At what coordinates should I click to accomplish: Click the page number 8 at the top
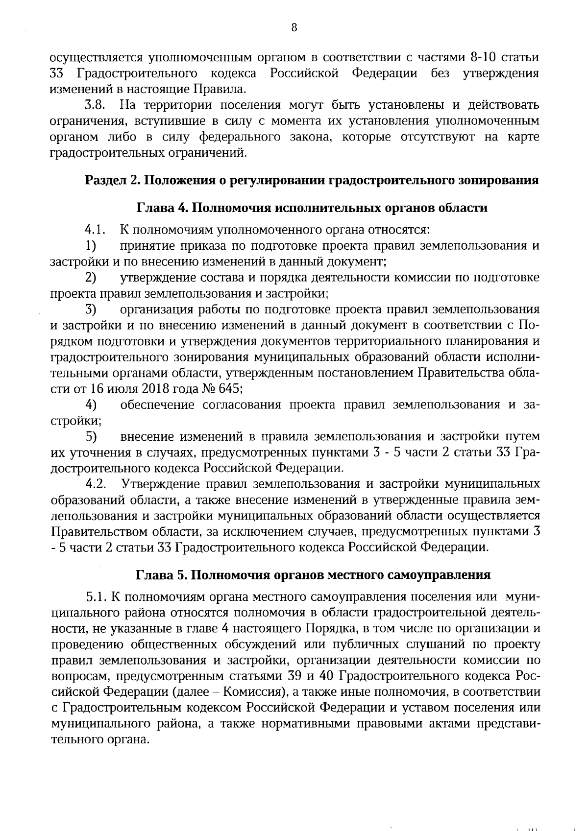[x=294, y=27]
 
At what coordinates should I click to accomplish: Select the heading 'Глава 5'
[x=156, y=574]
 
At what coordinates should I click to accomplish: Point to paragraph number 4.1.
[x=95, y=230]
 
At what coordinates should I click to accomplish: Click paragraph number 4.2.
[x=95, y=484]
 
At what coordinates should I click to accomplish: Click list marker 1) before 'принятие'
[x=90, y=246]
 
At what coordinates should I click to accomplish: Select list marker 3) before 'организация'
[x=91, y=309]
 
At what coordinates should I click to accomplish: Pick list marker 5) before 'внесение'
[x=91, y=436]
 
